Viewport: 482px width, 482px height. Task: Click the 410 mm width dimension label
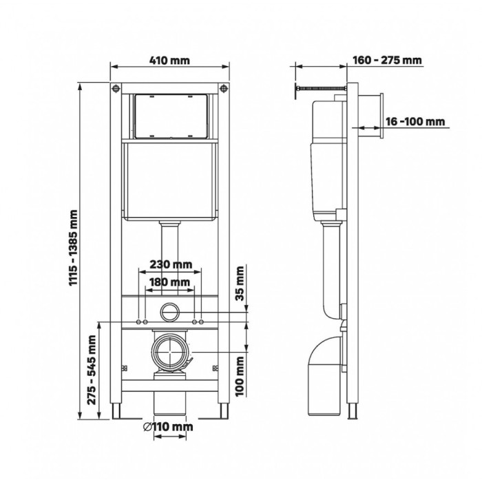coord(169,61)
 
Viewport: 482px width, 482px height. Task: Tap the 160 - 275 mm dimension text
coord(386,61)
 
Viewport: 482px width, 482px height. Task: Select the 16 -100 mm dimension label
coord(413,122)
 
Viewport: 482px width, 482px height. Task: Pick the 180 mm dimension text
coord(169,282)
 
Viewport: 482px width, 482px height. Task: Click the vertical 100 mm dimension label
coord(240,373)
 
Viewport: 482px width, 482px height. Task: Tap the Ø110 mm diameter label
coord(169,427)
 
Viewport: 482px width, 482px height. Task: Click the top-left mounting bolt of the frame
coord(114,90)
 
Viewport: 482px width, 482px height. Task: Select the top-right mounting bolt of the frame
coord(223,90)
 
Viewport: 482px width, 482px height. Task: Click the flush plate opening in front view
coord(169,115)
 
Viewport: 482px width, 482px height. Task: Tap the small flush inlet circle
coord(169,312)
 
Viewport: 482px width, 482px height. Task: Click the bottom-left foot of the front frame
coord(115,411)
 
